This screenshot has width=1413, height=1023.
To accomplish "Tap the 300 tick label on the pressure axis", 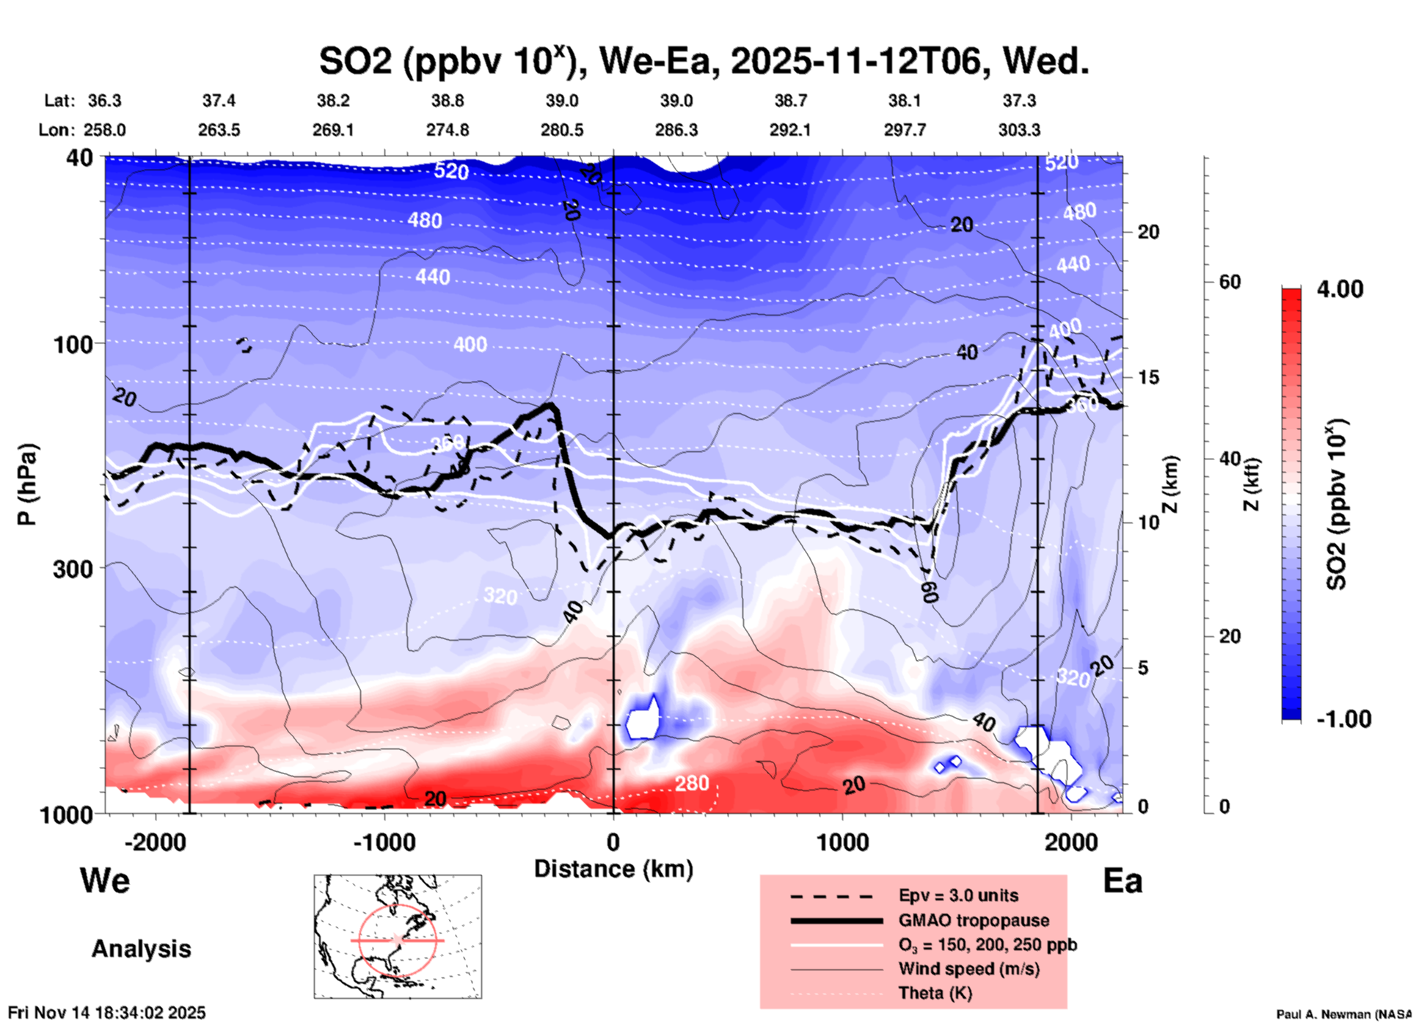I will coord(73,568).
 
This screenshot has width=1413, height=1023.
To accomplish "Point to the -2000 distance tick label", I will coord(155,842).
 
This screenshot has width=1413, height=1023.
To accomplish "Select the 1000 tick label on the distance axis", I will coord(842,842).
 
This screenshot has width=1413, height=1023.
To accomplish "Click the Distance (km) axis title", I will coord(613,869).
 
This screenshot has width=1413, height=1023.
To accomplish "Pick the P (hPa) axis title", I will coord(27,484).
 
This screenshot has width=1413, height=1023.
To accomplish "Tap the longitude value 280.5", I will coord(562,130).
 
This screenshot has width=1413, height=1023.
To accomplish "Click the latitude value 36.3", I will coord(104,101).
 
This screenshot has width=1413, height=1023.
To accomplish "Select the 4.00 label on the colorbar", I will coord(1340,289).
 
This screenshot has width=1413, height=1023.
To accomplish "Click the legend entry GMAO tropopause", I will coord(974,920).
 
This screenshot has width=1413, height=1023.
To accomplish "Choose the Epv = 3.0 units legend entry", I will coord(958,896).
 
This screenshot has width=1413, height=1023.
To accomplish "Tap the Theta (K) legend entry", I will coord(935,993).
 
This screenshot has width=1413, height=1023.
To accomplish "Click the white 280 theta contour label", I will coord(692,784).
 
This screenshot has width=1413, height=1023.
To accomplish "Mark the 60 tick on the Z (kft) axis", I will coord(1230,282).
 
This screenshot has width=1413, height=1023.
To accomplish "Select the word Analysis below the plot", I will coord(141,949).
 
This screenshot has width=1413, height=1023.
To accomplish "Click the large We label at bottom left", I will coord(105,880).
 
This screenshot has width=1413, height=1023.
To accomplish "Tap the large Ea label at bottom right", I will coord(1122,881).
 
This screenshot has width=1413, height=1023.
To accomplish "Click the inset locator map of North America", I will coord(398,936).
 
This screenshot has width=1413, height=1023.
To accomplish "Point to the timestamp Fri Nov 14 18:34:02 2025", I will coord(107,1013).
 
